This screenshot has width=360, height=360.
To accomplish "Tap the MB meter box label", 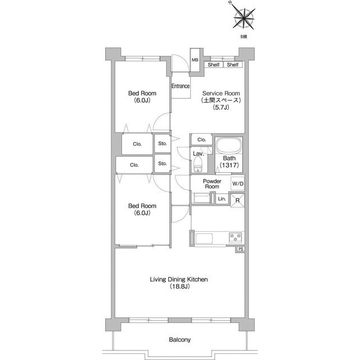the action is click(195, 60).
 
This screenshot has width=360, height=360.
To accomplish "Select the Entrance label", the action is click(181, 86).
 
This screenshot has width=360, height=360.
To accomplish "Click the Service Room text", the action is click(221, 93).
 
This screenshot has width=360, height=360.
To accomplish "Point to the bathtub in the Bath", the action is click(228, 146).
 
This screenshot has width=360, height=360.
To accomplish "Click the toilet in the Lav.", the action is click(198, 164).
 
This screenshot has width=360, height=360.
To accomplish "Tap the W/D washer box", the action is click(237, 184).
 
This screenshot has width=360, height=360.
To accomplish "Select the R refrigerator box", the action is click(237, 200).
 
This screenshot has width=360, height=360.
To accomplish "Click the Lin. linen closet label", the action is click(222, 199).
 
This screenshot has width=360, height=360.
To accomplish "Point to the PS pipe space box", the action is click(241, 249).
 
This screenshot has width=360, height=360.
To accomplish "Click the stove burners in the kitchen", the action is click(235, 237).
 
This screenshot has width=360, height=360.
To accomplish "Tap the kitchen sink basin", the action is click(204, 238).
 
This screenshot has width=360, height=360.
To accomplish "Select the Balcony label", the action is click(180, 340).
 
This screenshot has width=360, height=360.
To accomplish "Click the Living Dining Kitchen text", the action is click(179, 280).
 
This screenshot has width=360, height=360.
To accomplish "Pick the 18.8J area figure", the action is click(179, 286).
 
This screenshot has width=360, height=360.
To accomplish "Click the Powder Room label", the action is click(212, 184).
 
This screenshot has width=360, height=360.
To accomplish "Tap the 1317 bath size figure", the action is click(229, 165).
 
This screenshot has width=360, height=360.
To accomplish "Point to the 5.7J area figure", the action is click(221, 107).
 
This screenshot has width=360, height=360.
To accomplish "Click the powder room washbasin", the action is click(201, 198).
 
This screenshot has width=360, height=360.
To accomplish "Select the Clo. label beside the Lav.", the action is click(202, 139).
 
